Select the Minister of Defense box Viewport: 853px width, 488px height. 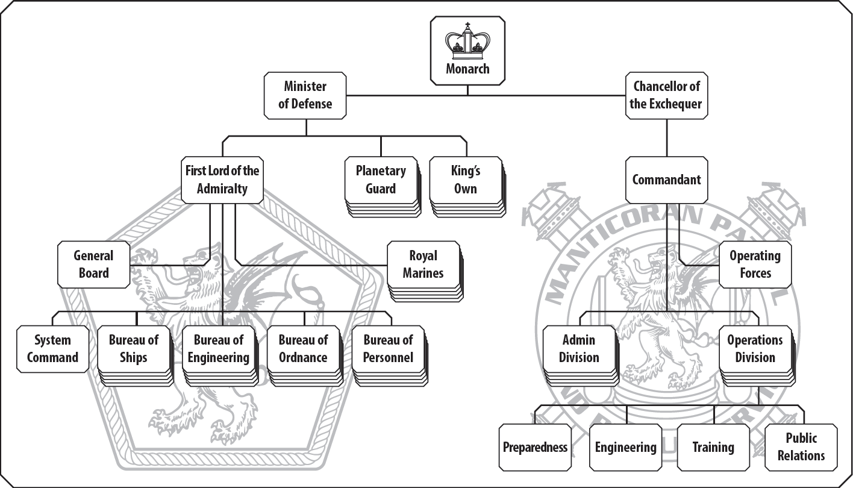[x=305, y=95]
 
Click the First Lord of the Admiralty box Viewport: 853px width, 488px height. [x=222, y=180]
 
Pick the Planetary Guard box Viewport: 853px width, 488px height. [x=381, y=180]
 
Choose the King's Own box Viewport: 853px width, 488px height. [x=465, y=180]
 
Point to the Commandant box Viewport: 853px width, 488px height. [x=666, y=180]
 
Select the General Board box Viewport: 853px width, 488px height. [x=93, y=264]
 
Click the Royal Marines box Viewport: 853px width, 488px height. [x=423, y=264]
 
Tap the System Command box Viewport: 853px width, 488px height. [x=52, y=349]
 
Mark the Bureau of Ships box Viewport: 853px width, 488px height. [x=133, y=349]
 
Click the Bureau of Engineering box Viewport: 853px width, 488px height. [x=218, y=349]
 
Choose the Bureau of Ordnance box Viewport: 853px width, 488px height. [x=303, y=349]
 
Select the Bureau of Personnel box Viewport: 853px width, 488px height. [x=388, y=349]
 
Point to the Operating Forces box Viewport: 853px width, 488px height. [x=755, y=264]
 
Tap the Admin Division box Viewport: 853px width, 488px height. [x=579, y=349]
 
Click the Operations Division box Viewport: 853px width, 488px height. [x=755, y=349]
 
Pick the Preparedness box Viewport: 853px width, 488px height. [x=535, y=447]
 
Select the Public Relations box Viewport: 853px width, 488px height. [x=801, y=447]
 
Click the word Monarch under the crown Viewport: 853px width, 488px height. [x=467, y=69]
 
